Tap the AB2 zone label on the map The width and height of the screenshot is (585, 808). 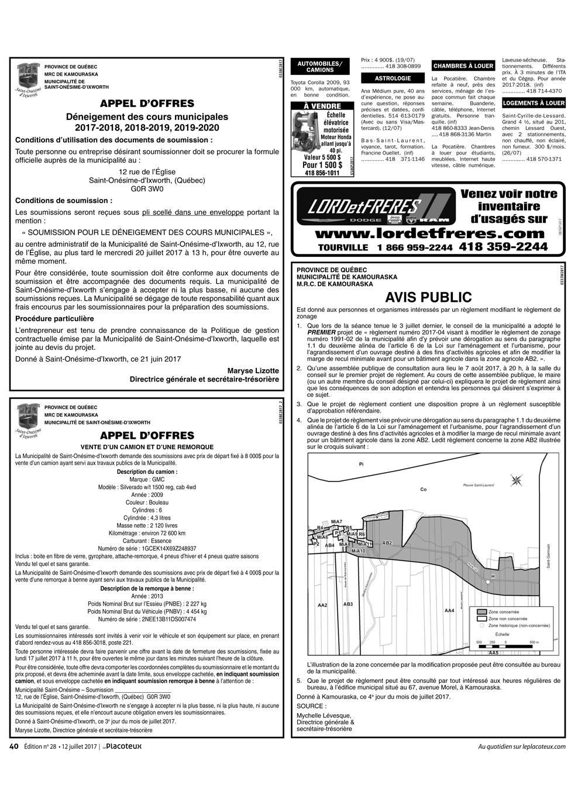387,543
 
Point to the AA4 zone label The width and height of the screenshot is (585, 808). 449,611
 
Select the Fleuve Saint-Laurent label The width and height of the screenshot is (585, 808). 479,485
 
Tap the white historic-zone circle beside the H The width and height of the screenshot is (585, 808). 487,583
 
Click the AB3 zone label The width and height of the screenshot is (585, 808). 348,604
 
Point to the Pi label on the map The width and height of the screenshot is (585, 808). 361,463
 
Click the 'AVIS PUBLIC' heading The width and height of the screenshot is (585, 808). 428,298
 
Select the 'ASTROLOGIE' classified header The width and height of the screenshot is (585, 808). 393,78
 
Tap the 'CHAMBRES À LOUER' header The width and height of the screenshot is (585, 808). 463,66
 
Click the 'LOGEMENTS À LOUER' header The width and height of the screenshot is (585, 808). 534,103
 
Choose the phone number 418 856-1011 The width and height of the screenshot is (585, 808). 322,173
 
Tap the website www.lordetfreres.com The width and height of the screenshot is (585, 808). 430,233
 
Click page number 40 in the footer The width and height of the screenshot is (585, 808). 15,746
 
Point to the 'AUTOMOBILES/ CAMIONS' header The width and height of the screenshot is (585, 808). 320,66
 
